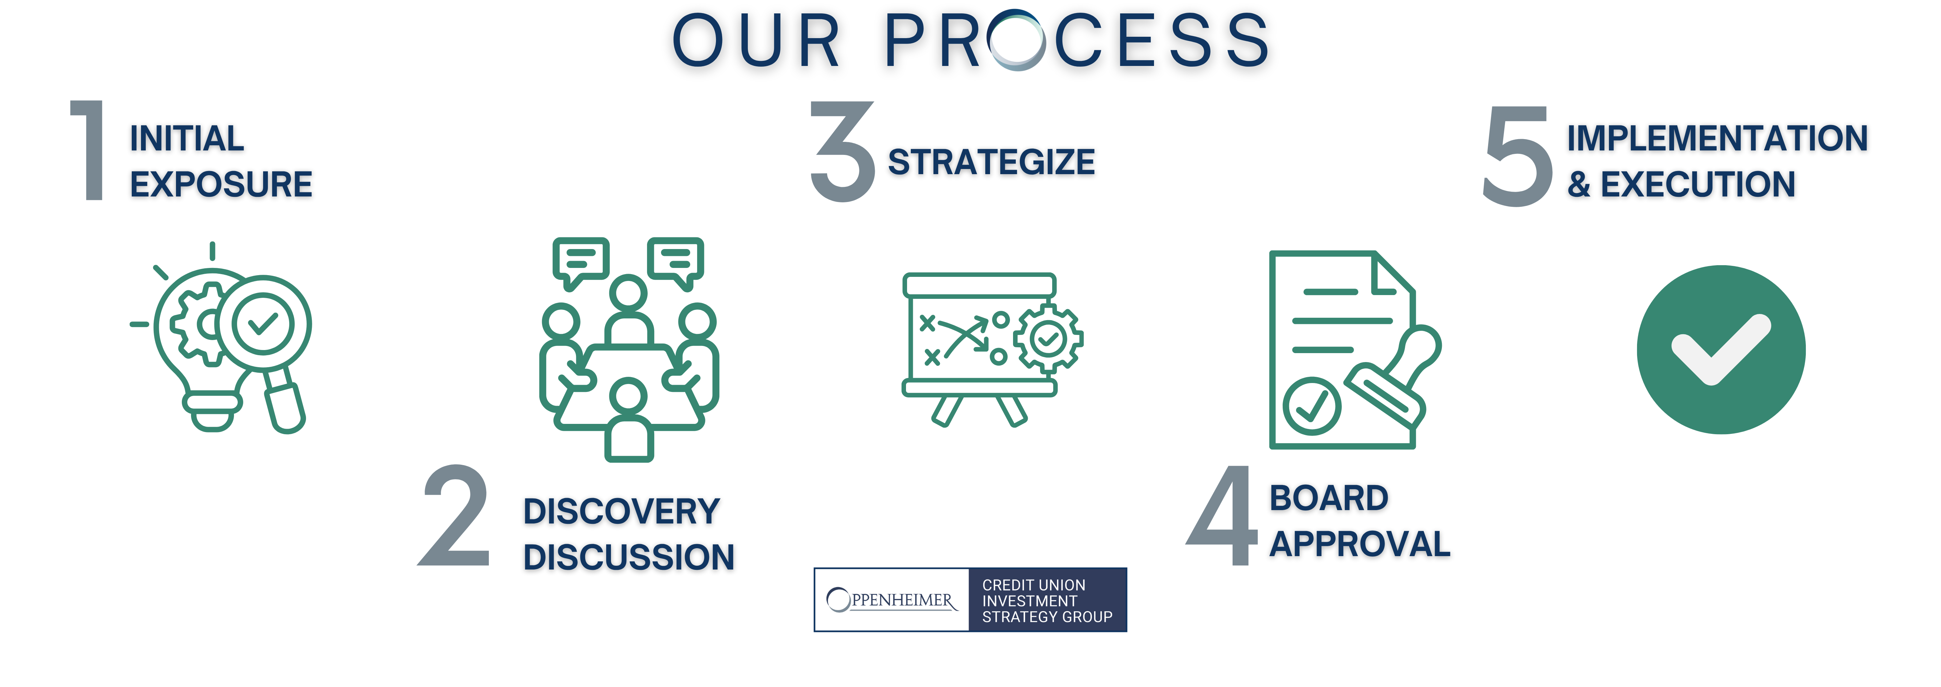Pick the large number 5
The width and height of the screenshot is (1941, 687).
click(x=1517, y=156)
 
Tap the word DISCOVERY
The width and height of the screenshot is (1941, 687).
click(x=622, y=511)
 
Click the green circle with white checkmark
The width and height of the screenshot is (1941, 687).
click(x=1721, y=349)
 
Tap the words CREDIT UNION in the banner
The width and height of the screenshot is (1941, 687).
click(x=1033, y=585)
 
